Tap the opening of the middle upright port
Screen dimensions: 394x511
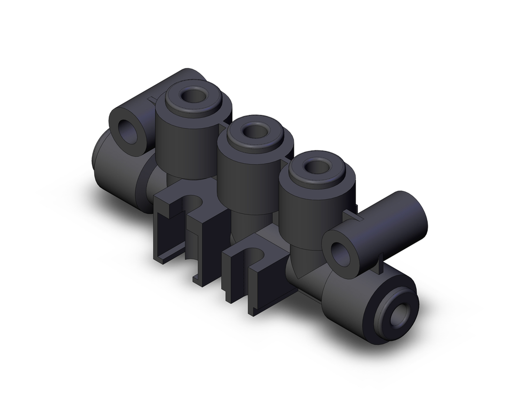click(254, 131)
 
